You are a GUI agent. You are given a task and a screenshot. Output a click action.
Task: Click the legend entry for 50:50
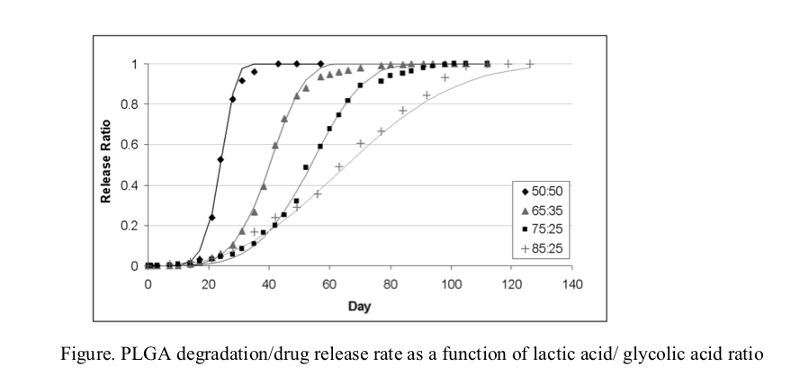tap(542, 191)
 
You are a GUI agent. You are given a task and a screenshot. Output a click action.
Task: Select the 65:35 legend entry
tap(542, 210)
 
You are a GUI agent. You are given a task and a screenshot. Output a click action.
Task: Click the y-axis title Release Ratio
tap(106, 166)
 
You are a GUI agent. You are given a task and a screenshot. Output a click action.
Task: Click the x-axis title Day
tap(359, 305)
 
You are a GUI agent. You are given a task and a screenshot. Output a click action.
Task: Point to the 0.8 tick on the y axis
tap(131, 104)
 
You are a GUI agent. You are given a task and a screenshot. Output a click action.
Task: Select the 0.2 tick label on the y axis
tap(131, 226)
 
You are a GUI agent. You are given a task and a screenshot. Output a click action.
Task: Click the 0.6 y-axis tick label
tap(131, 145)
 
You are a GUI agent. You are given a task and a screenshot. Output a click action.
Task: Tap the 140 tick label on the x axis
tap(572, 284)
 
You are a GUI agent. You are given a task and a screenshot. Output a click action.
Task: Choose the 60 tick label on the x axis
tap(329, 284)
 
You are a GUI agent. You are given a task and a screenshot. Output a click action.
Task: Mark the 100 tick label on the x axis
tap(451, 284)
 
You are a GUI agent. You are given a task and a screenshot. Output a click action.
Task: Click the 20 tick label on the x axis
tap(208, 284)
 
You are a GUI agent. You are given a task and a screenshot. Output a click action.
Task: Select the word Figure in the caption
tap(85, 354)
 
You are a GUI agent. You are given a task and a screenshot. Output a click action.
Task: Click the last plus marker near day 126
tap(530, 64)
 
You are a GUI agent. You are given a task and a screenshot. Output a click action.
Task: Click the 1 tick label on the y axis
tap(135, 64)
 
